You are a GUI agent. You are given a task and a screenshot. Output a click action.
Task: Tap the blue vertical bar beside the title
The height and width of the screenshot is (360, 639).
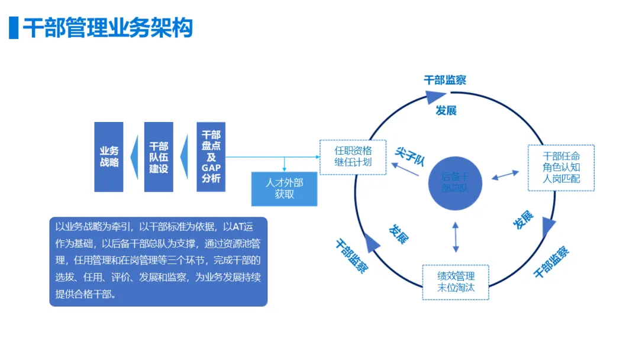tap(14, 27)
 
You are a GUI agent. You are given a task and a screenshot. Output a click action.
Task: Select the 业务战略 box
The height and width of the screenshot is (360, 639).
tap(109, 157)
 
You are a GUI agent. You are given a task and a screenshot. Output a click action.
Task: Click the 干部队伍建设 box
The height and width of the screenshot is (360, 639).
tap(159, 157)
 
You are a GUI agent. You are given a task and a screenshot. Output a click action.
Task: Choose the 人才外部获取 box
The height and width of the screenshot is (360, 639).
tap(284, 188)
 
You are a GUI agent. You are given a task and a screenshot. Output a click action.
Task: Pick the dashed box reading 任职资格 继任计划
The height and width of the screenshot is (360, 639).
tap(353, 157)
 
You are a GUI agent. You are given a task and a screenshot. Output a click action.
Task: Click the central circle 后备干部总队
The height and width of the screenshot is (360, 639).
tap(456, 182)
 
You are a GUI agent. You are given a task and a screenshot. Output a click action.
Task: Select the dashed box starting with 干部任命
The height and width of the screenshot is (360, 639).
tap(561, 168)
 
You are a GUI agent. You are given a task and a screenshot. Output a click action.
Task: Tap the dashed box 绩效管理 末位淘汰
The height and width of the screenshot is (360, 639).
tap(456, 282)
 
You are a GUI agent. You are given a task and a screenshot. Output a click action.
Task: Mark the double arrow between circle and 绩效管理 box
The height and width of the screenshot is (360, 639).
tap(456, 237)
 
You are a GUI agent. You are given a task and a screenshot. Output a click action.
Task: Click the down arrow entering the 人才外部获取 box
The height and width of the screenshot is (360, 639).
tap(285, 165)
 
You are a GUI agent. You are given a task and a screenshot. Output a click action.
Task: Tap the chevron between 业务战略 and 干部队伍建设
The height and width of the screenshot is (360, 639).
tap(134, 157)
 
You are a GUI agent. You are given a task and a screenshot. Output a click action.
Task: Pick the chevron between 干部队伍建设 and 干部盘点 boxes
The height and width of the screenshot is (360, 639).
tap(185, 157)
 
